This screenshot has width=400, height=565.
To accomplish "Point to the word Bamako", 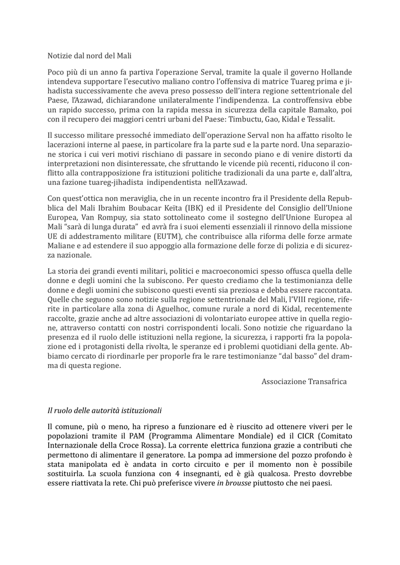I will [x=318, y=109].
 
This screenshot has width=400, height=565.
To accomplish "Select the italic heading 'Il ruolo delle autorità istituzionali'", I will [x=104, y=411].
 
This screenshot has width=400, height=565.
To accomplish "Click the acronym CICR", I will [x=293, y=436].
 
